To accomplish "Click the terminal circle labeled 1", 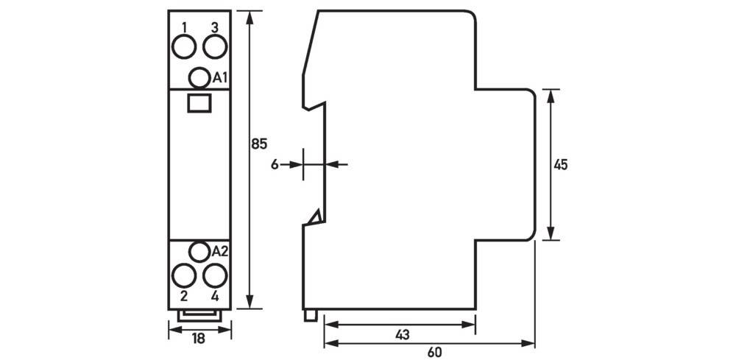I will coord(183,48).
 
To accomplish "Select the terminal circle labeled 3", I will coord(214,48).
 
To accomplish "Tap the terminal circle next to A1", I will coord(199,77).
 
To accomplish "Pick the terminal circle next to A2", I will coord(199,252).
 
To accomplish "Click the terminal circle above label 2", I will coord(183,277).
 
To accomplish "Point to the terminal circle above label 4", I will coord(214,277).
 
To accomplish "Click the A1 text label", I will coord(220,77).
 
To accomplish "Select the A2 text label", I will coord(220,252).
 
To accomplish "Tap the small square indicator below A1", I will coord(199,102).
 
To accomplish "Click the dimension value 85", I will coord(258,144).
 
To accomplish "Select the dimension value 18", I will coord(199,339).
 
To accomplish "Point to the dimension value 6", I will coord(275,165).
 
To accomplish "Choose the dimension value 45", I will coord(561,165).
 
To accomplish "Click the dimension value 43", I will coord(401,335).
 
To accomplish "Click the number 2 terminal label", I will coord(183,297).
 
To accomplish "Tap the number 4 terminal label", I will coord(214,297).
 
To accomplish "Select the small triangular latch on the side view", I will coord(315,216).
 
